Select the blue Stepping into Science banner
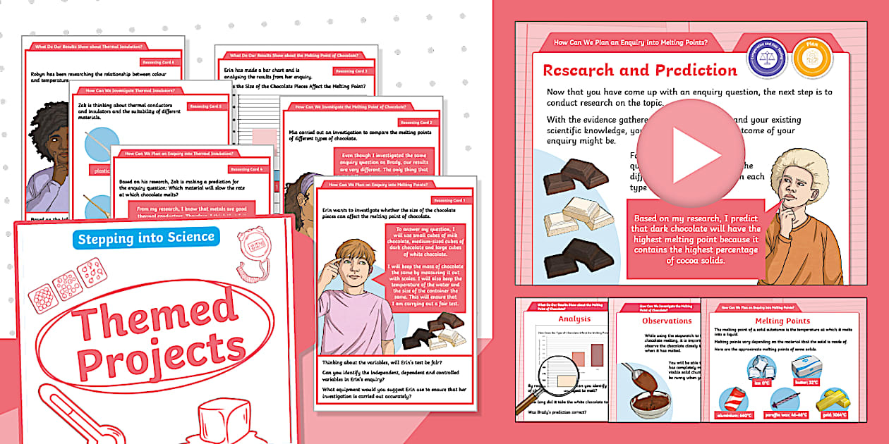tap(146, 238)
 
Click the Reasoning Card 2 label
tap(416, 123)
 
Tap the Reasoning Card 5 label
tap(205, 106)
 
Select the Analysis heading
tap(574, 319)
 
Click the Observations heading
tap(657, 321)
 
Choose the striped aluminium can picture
tap(734, 402)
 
